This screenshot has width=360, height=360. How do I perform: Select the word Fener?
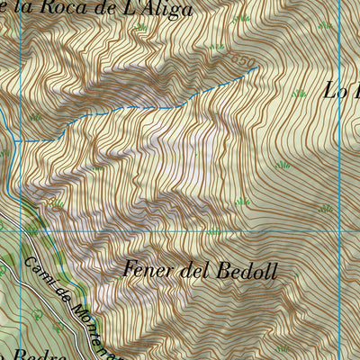[148, 269]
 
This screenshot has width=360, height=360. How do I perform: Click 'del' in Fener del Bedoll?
[192, 269]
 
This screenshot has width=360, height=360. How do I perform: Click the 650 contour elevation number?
[241, 58]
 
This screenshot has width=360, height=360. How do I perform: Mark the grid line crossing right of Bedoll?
[340, 230]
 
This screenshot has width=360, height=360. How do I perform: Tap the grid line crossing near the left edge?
[20, 231]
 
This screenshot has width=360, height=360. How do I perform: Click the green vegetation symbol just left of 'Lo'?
[299, 92]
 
